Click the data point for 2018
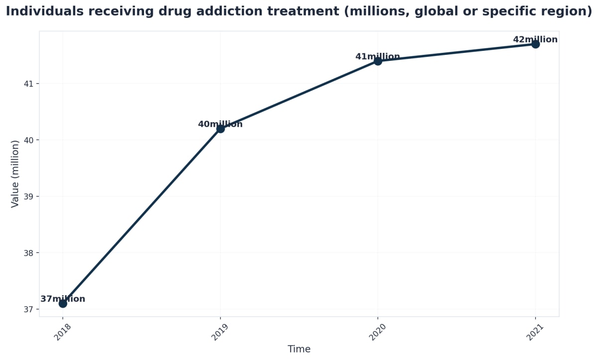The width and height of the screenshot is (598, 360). (x=63, y=303)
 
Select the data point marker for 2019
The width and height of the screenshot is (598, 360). (x=220, y=129)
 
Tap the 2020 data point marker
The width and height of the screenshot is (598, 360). (x=378, y=61)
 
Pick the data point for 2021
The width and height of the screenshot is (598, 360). (x=535, y=44)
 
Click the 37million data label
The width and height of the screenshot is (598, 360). (x=63, y=299)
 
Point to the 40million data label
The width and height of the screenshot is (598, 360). (x=220, y=124)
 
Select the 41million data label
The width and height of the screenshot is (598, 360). (x=378, y=57)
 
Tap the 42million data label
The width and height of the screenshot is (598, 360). (x=535, y=40)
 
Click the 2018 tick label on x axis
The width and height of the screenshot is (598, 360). (x=63, y=332)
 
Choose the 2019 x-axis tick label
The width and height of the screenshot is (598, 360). (x=221, y=332)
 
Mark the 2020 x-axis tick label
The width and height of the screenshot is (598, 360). (x=378, y=332)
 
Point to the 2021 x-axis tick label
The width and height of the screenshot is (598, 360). (x=536, y=332)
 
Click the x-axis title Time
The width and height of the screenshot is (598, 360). (x=299, y=350)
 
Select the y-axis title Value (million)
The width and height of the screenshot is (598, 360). (x=15, y=174)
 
